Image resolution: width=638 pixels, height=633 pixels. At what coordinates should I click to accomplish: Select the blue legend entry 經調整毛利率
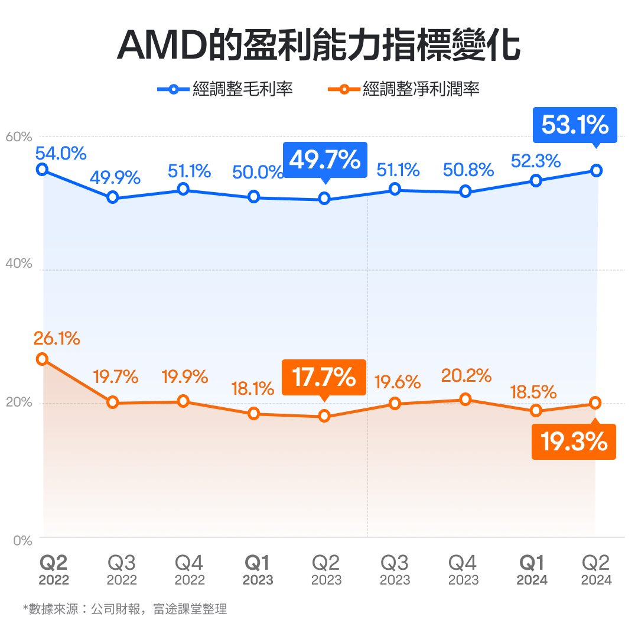(224, 89)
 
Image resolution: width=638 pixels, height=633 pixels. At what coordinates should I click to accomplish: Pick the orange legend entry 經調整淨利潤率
(403, 89)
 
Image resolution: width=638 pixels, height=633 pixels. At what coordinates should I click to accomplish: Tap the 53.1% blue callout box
(574, 125)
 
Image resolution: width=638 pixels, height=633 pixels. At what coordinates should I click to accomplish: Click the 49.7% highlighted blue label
(325, 160)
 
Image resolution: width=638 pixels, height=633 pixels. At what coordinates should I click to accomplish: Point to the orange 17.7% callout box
(324, 377)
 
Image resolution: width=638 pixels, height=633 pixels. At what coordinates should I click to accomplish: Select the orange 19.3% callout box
(574, 442)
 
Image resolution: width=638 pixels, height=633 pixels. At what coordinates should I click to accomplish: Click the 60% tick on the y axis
(19, 137)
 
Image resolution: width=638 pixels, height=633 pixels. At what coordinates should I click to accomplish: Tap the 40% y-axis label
(19, 264)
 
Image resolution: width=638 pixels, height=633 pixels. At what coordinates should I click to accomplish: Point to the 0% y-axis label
(22, 540)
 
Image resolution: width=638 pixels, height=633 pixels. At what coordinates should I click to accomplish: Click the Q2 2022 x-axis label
(54, 570)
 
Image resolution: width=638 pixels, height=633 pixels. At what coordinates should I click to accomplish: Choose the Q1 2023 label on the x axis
(258, 570)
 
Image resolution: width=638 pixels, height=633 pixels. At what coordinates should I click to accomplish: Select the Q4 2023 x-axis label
(463, 570)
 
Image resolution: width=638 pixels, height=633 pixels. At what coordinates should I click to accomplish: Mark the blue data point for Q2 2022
(42, 170)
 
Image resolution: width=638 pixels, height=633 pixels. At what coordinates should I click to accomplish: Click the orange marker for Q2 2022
(42, 359)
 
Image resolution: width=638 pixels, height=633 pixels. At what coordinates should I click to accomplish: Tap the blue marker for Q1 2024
(536, 180)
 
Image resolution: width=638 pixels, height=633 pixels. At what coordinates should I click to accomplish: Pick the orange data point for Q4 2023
(466, 400)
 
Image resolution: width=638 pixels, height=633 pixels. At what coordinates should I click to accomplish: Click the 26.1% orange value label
(57, 339)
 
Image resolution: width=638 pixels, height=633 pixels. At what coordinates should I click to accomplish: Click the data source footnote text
(125, 609)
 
